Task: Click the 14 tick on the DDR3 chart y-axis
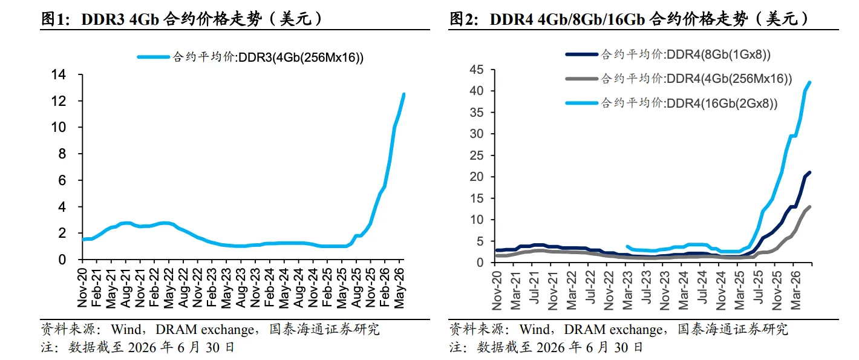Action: (x=59, y=74)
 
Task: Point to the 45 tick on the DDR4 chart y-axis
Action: (x=477, y=70)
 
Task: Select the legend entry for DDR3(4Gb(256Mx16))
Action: (x=250, y=57)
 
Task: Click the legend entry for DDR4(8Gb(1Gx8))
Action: (x=668, y=54)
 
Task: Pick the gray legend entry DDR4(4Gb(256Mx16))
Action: (x=679, y=79)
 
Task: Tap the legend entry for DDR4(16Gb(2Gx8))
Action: (x=671, y=103)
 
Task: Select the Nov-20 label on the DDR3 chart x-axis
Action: (x=82, y=288)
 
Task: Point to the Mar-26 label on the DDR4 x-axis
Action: (x=795, y=290)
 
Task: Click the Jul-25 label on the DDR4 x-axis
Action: (x=758, y=287)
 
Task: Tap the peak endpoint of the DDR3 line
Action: (x=403, y=94)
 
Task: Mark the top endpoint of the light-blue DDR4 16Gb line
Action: (x=809, y=82)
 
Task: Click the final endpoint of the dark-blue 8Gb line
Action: (x=809, y=172)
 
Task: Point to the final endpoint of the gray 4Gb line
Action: (x=809, y=207)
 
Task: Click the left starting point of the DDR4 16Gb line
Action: (x=627, y=246)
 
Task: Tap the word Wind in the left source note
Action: (x=126, y=329)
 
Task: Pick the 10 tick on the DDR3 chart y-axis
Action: (x=59, y=127)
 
